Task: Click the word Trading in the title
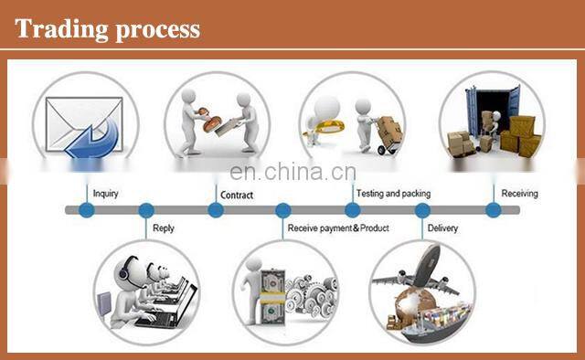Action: click(x=61, y=29)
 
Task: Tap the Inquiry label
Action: click(x=106, y=194)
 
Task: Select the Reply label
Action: click(x=164, y=228)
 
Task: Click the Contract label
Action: click(x=237, y=196)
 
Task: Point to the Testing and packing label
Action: click(x=393, y=194)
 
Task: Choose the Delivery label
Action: click(x=442, y=228)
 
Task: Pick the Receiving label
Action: click(x=519, y=193)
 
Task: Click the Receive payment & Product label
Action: click(x=338, y=228)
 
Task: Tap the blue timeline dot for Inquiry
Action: click(x=87, y=210)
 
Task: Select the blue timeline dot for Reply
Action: click(x=146, y=210)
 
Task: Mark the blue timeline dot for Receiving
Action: click(x=494, y=210)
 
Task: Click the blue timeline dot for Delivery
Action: click(x=422, y=210)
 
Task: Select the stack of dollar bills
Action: click(x=272, y=298)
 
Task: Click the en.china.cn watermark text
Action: click(x=292, y=172)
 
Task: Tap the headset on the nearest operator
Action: click(x=124, y=270)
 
